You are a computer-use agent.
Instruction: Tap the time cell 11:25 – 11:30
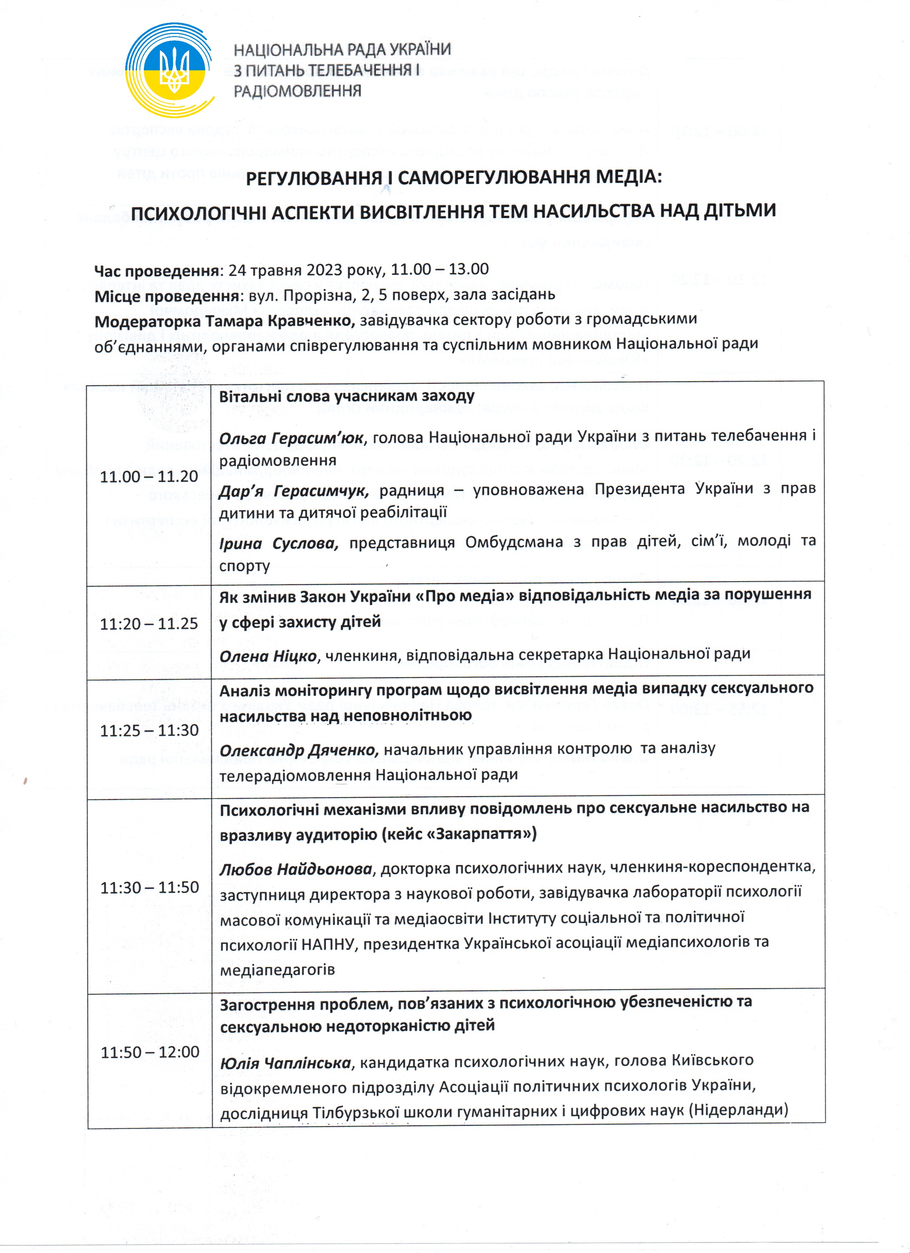coord(149,730)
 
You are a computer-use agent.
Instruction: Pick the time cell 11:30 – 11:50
coord(150,887)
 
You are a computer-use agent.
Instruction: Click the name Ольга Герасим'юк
coord(291,438)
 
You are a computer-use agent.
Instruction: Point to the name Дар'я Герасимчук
coord(294,490)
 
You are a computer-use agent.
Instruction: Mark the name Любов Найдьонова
coord(296,869)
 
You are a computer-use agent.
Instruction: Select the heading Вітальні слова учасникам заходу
coord(347,396)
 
